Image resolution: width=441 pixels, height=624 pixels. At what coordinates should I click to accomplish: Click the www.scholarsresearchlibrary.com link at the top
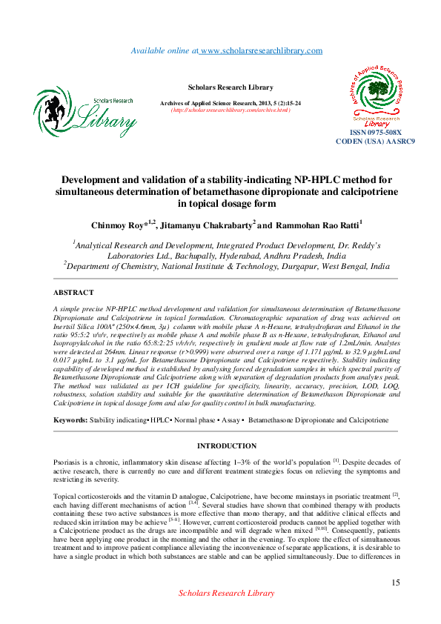coord(261,50)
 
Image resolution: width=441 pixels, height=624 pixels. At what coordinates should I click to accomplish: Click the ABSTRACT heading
coord(75,293)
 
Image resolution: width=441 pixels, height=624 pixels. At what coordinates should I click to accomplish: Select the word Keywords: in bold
coord(71,419)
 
